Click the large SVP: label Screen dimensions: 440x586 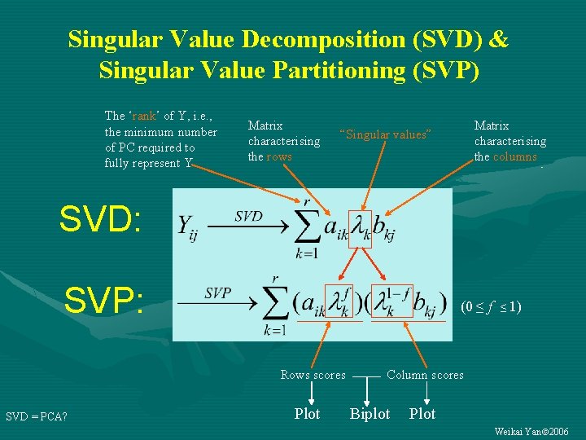pyautogui.click(x=104, y=300)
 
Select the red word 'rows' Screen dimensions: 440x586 pyautogui.click(x=279, y=156)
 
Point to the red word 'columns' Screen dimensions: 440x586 pyautogui.click(x=515, y=156)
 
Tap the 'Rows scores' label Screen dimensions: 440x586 pyautogui.click(x=313, y=375)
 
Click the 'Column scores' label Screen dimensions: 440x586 pyautogui.click(x=425, y=375)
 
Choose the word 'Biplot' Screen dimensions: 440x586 pyautogui.click(x=370, y=414)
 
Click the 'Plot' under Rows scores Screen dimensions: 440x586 pyautogui.click(x=307, y=414)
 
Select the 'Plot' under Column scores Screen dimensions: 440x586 pyautogui.click(x=422, y=414)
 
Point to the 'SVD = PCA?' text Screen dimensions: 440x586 pyautogui.click(x=37, y=417)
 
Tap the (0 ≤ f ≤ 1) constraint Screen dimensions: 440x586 pyautogui.click(x=491, y=307)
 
